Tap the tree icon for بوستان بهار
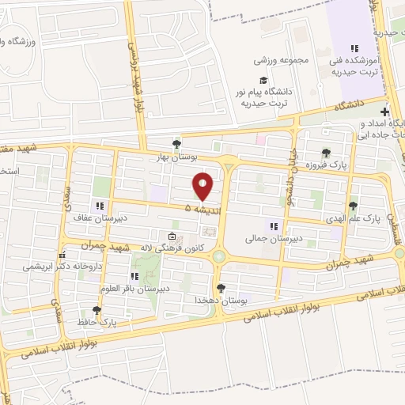click(x=176, y=143)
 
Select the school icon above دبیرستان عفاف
click(x=100, y=206)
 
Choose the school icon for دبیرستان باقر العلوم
click(x=134, y=276)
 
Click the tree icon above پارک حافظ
click(x=97, y=311)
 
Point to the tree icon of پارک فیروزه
click(x=325, y=153)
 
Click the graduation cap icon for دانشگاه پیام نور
click(x=263, y=80)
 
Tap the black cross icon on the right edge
click(x=385, y=112)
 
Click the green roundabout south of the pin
click(x=219, y=255)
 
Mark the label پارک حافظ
click(x=102, y=323)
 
